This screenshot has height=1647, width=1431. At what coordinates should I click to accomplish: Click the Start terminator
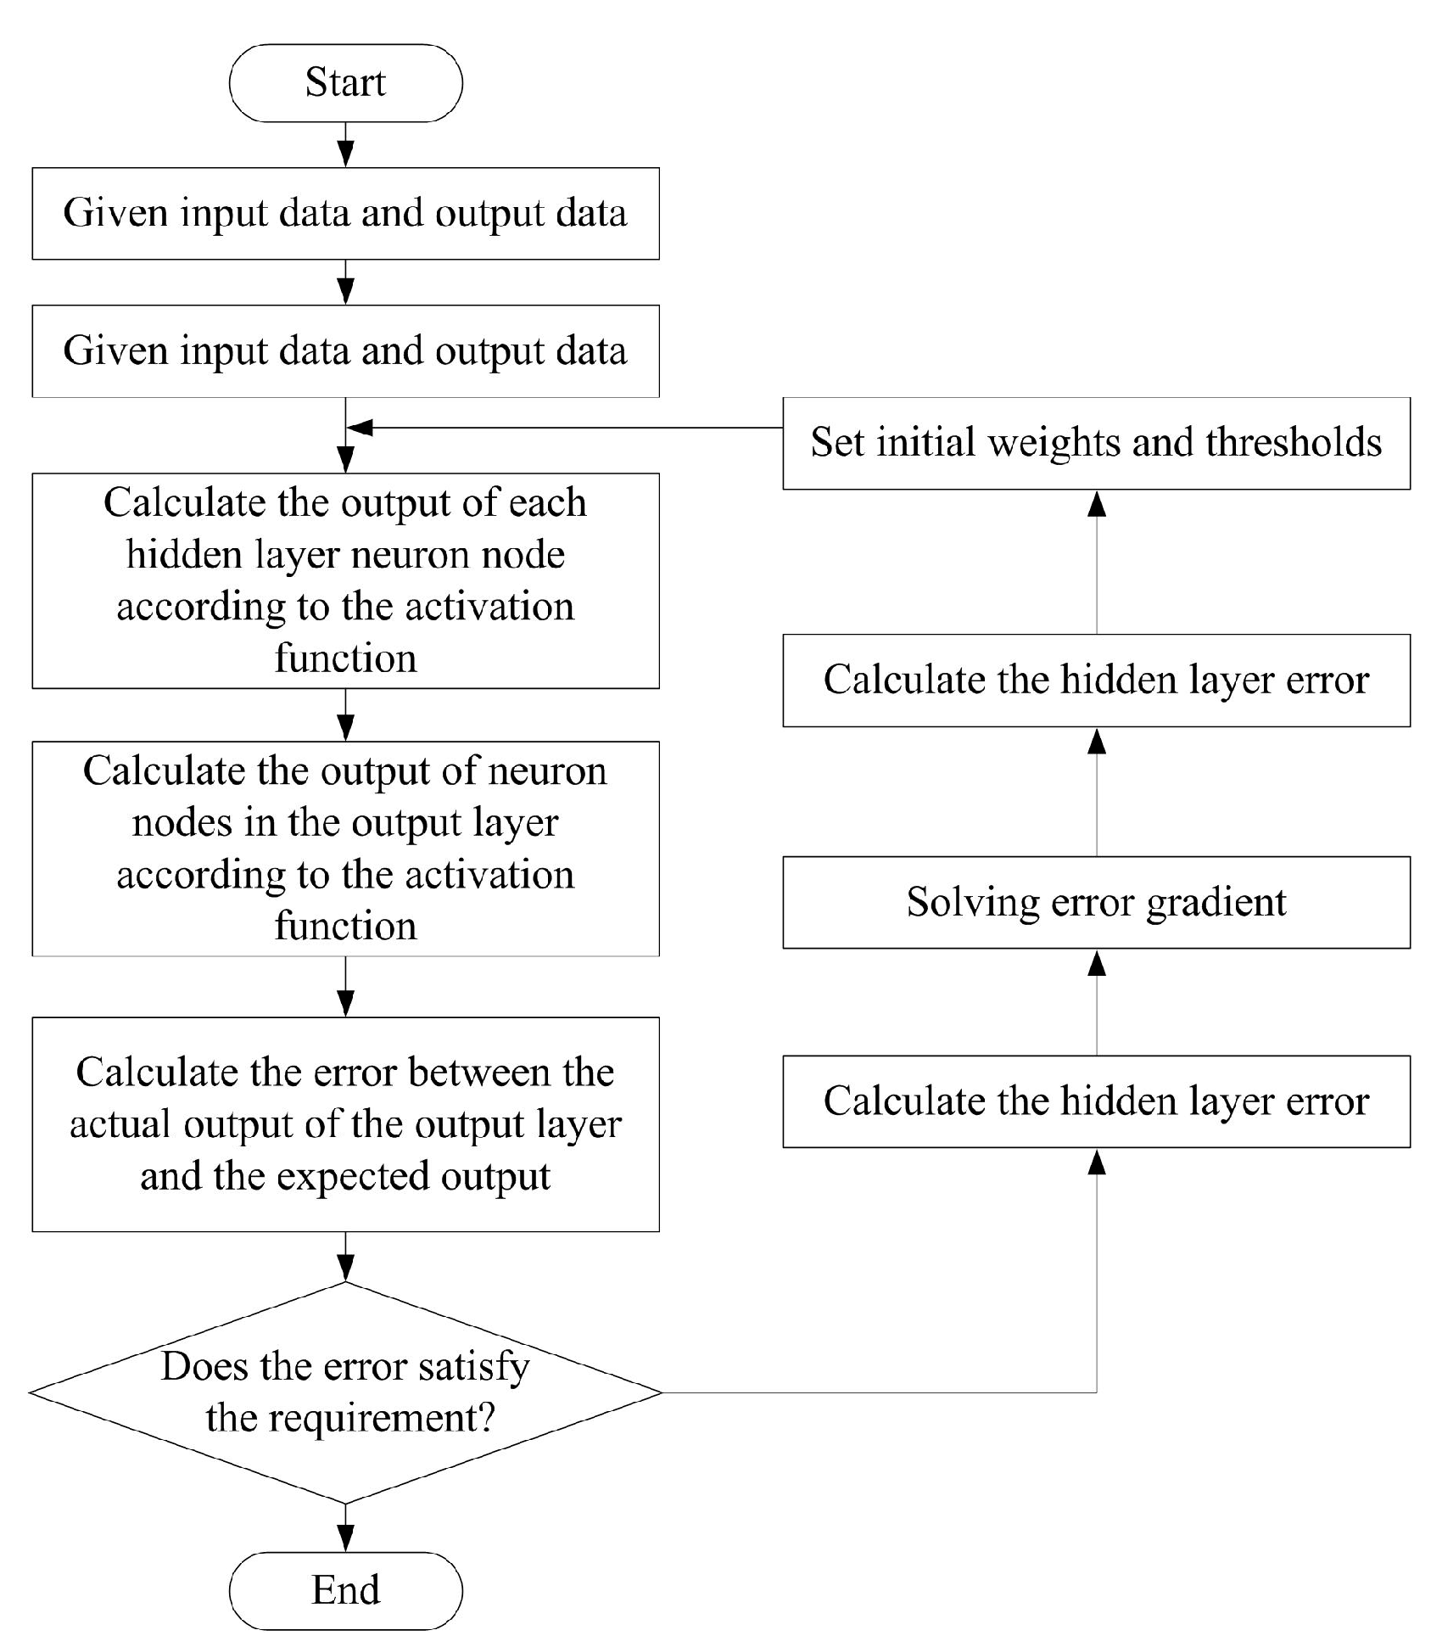tap(345, 83)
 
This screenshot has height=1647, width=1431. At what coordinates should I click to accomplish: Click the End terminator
tap(345, 1590)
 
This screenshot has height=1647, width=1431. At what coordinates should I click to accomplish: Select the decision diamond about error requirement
tap(345, 1392)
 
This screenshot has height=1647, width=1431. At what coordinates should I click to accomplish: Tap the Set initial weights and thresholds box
tap(1096, 443)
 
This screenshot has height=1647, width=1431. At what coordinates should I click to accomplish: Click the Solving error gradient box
tap(1096, 902)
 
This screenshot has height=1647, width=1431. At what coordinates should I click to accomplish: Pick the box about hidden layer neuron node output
tap(345, 580)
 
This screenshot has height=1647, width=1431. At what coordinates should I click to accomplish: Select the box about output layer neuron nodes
tap(345, 849)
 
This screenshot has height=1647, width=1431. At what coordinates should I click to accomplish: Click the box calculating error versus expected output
tap(345, 1124)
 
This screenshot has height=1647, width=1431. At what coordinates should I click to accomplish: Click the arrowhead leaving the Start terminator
tap(345, 154)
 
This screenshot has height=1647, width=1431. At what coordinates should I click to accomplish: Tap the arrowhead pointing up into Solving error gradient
tap(1097, 962)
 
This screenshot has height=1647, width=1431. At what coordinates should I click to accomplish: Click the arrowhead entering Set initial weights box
tap(1097, 504)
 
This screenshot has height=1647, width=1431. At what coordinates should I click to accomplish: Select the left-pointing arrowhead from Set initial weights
tap(361, 428)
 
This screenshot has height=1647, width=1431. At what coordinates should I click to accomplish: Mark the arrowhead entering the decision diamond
tap(345, 1268)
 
